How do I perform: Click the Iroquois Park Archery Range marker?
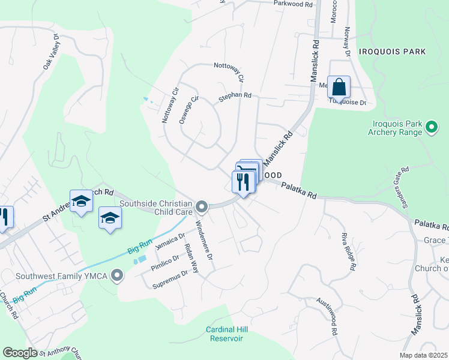(x=431, y=127)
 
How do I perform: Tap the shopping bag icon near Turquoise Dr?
(x=339, y=87)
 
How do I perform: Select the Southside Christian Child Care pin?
(x=202, y=207)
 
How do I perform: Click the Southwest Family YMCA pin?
(x=117, y=275)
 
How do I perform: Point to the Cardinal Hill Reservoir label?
(x=226, y=334)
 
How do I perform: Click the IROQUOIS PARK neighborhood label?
(x=393, y=52)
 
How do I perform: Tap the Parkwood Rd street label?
(x=294, y=4)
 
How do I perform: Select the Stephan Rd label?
(x=235, y=95)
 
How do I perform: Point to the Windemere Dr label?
(x=205, y=240)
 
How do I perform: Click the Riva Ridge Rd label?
(x=349, y=250)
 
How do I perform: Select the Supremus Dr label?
(x=170, y=278)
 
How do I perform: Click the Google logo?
(x=20, y=352)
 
